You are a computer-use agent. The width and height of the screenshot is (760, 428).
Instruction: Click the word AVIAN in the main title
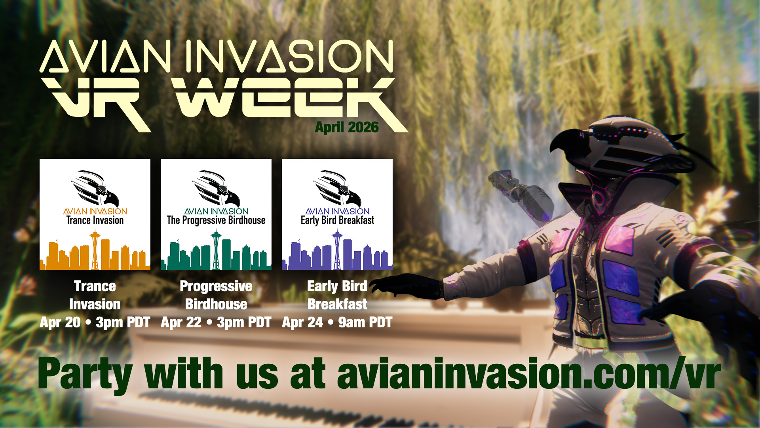[105, 56]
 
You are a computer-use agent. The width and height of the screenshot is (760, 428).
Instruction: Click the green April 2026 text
[347, 127]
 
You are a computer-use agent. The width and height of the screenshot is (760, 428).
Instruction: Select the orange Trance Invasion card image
[95, 214]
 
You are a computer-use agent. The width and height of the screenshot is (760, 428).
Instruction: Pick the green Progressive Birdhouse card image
[216, 214]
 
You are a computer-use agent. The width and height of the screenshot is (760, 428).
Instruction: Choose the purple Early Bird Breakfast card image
[337, 214]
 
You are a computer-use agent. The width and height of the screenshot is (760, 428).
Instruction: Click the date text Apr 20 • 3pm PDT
[95, 323]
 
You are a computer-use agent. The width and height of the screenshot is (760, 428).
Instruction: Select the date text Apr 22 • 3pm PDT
[216, 323]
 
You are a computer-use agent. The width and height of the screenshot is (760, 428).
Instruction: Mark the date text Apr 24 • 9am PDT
[337, 323]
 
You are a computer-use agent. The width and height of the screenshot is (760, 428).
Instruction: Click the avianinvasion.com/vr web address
[529, 373]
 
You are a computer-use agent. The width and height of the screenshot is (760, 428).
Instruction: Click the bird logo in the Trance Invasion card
[95, 188]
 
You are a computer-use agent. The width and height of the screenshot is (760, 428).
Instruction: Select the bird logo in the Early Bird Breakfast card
[337, 188]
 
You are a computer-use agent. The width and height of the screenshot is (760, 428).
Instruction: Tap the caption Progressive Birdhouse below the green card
[216, 295]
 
